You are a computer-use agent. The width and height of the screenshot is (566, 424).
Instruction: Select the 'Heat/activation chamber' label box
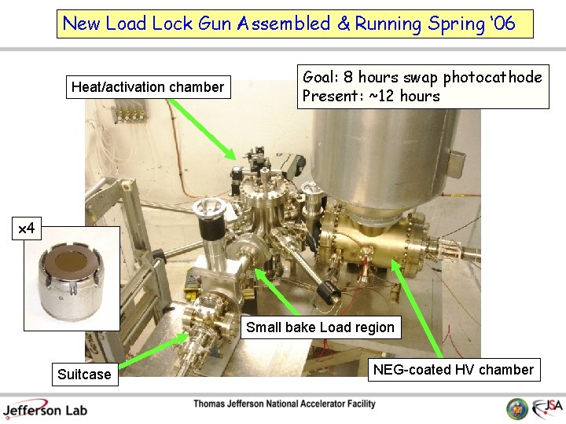tap(148, 87)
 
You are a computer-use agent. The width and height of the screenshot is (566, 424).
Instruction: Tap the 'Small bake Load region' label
tap(320, 327)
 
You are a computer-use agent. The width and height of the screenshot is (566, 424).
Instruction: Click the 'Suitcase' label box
tap(84, 375)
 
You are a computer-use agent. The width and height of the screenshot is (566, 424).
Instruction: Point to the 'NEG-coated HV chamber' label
tap(453, 370)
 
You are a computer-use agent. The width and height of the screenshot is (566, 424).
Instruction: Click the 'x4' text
tap(27, 229)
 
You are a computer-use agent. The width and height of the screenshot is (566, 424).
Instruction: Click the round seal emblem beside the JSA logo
tap(517, 408)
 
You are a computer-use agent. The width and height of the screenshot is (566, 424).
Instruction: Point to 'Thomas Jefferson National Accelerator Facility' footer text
tap(285, 404)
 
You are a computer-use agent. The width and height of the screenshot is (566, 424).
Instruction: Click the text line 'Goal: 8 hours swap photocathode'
tap(422, 77)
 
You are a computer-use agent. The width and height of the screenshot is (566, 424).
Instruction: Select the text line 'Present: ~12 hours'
tap(371, 97)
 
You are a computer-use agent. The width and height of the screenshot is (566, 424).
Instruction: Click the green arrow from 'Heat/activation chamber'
tap(201, 129)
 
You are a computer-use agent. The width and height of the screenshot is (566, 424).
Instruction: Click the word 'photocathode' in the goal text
tap(492, 77)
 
